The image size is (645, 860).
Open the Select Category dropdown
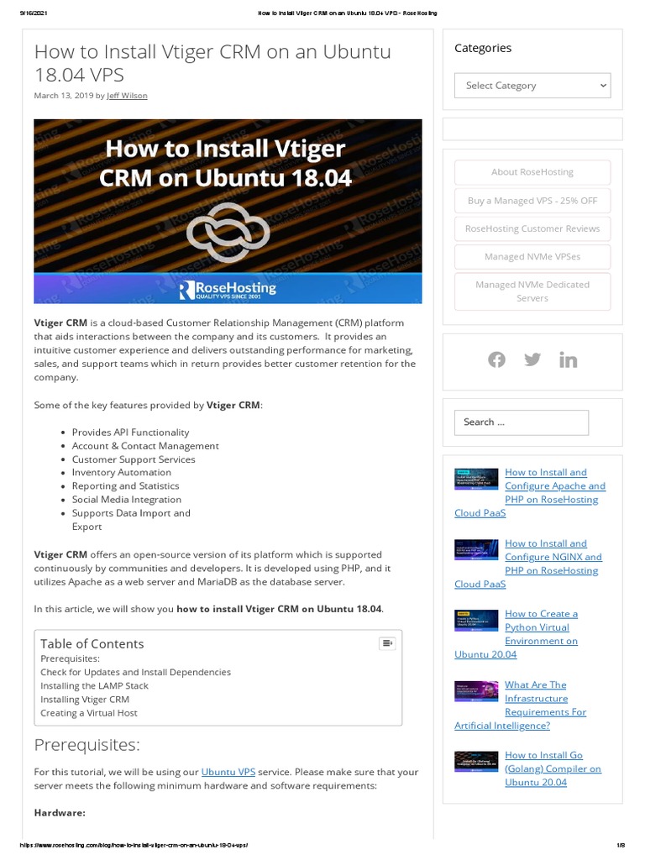click(532, 86)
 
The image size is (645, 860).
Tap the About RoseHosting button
click(532, 172)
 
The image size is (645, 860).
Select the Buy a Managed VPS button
click(532, 201)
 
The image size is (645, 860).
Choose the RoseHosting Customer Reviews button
click(532, 228)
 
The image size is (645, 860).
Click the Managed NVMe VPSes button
click(532, 257)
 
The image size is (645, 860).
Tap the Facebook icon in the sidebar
click(497, 359)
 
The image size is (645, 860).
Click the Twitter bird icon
click(532, 359)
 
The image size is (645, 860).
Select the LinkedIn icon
click(569, 359)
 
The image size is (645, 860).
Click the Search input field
click(522, 422)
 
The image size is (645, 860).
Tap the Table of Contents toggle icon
click(387, 643)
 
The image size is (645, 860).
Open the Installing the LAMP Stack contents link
click(94, 685)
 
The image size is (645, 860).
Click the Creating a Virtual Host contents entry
click(89, 713)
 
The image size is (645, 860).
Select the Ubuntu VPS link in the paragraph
click(228, 771)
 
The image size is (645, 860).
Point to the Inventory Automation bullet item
click(121, 472)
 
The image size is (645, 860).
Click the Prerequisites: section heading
click(87, 745)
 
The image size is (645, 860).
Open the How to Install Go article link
click(553, 768)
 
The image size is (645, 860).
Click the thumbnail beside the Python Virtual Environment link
click(476, 619)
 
